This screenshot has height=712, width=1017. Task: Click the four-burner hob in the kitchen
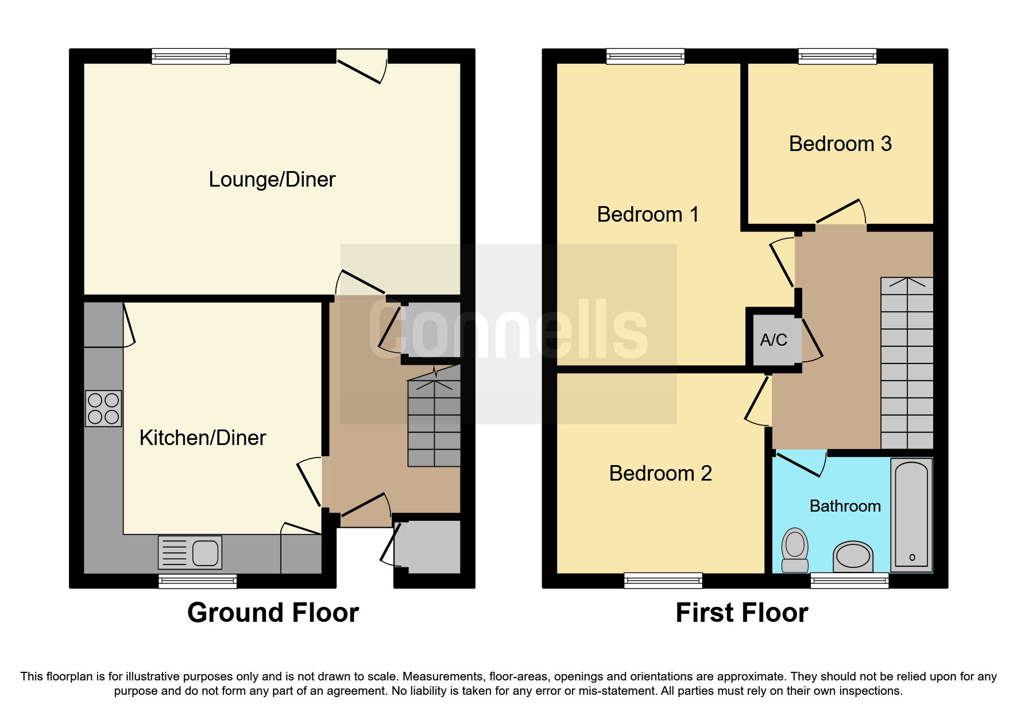(103, 408)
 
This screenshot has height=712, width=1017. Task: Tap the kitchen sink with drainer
(190, 552)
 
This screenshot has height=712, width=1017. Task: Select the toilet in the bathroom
(795, 550)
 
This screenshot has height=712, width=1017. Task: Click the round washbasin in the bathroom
(853, 556)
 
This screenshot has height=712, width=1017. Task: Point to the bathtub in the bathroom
(911, 514)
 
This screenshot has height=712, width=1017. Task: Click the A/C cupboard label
(773, 340)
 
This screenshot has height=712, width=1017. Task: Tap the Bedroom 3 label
(840, 144)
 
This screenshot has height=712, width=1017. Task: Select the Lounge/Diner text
(272, 180)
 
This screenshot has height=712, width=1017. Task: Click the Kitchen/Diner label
(202, 438)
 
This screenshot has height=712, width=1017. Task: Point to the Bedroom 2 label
(660, 474)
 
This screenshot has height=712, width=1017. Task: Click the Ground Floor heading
(273, 613)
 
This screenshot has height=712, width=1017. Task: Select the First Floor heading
(741, 613)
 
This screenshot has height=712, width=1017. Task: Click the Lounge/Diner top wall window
(191, 56)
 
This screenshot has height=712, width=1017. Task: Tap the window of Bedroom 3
(837, 56)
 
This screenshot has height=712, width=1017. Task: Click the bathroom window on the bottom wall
(849, 581)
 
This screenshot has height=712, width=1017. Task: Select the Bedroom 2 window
(663, 581)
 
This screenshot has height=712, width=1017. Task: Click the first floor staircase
(907, 363)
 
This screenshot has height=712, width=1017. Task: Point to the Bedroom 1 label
(648, 215)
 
